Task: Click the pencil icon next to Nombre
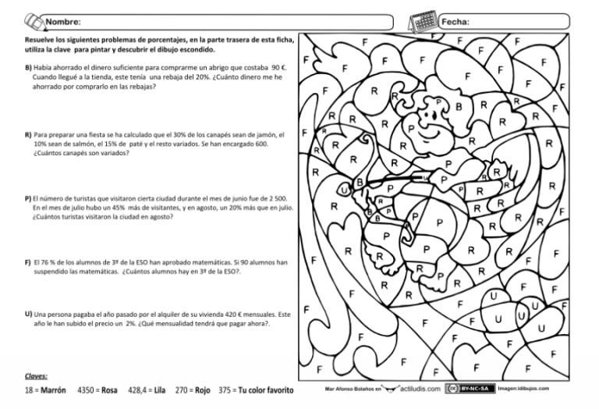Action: tap(33, 17)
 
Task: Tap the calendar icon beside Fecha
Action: tap(425, 18)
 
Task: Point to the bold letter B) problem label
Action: tap(29, 69)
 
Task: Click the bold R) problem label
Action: tap(29, 134)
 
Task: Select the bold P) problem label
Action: tap(29, 199)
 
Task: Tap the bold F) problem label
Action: tap(29, 263)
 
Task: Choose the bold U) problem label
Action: tap(29, 313)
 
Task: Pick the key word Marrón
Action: tap(53, 390)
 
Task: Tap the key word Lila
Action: tap(160, 390)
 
